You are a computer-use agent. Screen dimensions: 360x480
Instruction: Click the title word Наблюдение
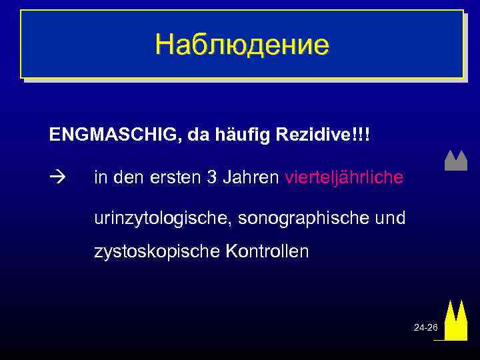pyautogui.click(x=242, y=45)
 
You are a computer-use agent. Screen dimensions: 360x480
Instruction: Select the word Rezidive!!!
pyautogui.click(x=327, y=135)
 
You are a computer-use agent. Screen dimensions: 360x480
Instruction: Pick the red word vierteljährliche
pyautogui.click(x=344, y=178)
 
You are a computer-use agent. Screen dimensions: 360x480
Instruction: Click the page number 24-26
pyautogui.click(x=425, y=327)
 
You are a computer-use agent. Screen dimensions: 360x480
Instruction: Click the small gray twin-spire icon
pyautogui.click(x=455, y=161)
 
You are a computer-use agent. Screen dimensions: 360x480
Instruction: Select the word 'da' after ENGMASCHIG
pyautogui.click(x=199, y=135)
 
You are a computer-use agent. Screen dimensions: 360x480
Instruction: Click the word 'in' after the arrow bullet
pyautogui.click(x=100, y=178)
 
